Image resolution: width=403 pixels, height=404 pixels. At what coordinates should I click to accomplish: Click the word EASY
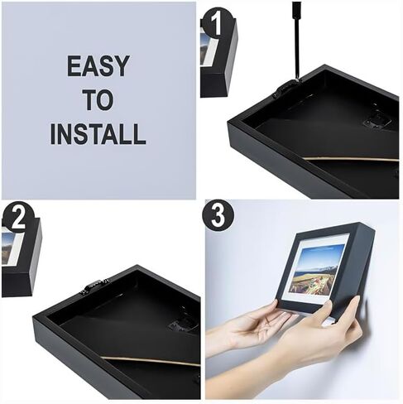(x=98, y=65)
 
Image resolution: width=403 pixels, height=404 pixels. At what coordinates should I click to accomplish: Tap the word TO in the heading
(x=98, y=100)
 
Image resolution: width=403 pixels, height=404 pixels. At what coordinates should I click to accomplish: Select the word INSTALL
(x=98, y=134)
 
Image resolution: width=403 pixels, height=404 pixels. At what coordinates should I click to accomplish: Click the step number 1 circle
(x=217, y=22)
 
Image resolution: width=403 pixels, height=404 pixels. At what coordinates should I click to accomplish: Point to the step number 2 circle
(x=18, y=218)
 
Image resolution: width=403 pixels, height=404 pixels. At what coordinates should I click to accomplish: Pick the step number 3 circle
(x=218, y=215)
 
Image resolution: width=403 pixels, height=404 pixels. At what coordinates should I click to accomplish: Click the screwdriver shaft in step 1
(x=296, y=41)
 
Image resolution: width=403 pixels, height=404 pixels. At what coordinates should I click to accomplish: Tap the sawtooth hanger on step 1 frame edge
(x=286, y=87)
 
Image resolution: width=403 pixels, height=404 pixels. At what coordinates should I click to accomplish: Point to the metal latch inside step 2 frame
(x=183, y=325)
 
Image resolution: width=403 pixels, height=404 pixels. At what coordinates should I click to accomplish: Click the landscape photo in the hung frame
(x=317, y=268)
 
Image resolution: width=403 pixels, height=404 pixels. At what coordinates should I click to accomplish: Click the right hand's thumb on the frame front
(x=327, y=308)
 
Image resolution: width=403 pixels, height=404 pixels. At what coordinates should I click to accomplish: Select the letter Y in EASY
(x=121, y=65)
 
